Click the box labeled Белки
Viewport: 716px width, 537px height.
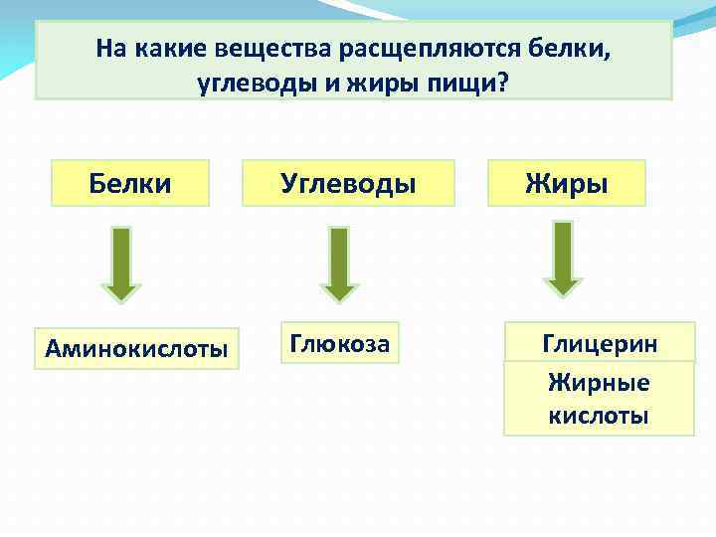point(130,183)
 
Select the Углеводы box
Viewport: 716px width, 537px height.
point(348,183)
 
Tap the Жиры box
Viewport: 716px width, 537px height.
point(566,183)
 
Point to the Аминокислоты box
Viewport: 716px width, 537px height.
point(136,348)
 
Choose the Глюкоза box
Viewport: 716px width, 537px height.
point(339,343)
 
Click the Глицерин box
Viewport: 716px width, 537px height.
point(599,343)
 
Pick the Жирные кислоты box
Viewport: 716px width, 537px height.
point(599,399)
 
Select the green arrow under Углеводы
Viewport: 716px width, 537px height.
point(339,264)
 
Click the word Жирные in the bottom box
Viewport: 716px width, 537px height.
point(599,383)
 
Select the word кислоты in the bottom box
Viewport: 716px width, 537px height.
point(599,415)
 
